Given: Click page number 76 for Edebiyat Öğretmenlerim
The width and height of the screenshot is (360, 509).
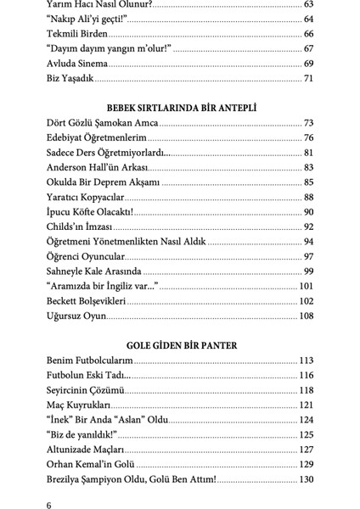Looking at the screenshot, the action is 309,138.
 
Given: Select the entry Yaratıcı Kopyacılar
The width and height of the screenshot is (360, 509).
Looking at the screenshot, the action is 88,198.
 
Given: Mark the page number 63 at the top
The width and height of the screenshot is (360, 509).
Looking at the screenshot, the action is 309,5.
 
